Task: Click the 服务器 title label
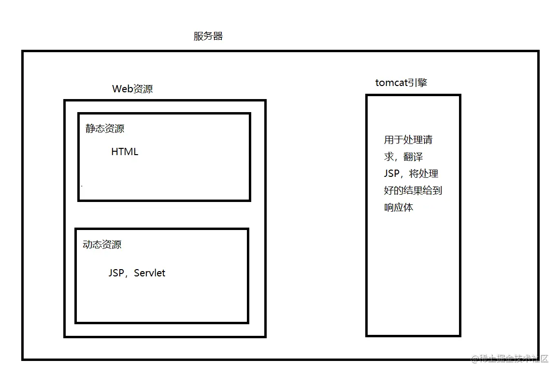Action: pyautogui.click(x=208, y=36)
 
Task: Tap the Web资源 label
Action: pyautogui.click(x=132, y=89)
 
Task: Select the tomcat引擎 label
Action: pyautogui.click(x=401, y=83)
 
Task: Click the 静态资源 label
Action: pyautogui.click(x=105, y=129)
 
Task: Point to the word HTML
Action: pyautogui.click(x=125, y=152)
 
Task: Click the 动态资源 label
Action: pyautogui.click(x=102, y=245)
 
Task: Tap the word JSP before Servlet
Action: pyautogui.click(x=116, y=273)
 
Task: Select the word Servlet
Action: pyautogui.click(x=150, y=273)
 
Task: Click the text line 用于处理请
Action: pyautogui.click(x=408, y=140)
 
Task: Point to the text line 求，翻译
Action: pyautogui.click(x=404, y=157)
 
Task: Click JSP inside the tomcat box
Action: pyautogui.click(x=391, y=173)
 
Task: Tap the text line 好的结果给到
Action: pyautogui.click(x=413, y=190)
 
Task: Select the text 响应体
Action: pyautogui.click(x=399, y=207)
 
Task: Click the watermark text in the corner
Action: pyautogui.click(x=511, y=359)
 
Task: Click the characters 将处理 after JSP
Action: pyautogui.click(x=424, y=173)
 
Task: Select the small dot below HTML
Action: pyautogui.click(x=82, y=186)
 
